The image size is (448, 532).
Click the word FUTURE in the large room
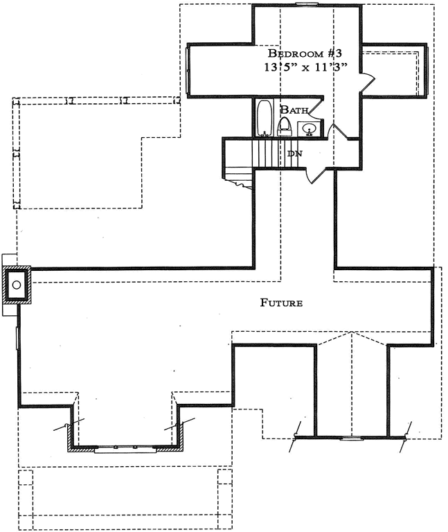(x=282, y=303)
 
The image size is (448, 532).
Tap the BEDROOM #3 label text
(x=306, y=54)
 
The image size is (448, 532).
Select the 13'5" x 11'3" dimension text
(x=305, y=68)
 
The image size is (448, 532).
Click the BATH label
(x=294, y=109)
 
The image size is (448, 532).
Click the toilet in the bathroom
(x=284, y=125)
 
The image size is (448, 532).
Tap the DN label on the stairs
(x=294, y=153)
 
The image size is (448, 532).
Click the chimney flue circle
(x=17, y=284)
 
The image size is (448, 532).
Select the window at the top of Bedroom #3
(x=305, y=5)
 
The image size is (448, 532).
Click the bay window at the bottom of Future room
(x=125, y=448)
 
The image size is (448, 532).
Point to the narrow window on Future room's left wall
(x=19, y=337)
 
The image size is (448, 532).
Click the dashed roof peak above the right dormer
(x=353, y=333)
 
